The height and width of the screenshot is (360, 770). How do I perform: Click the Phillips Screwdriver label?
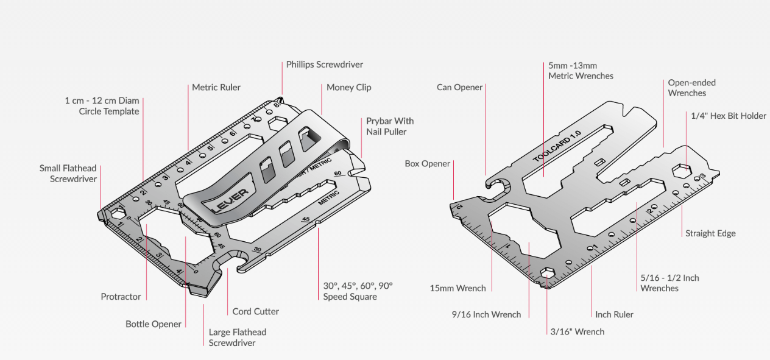pyautogui.click(x=325, y=64)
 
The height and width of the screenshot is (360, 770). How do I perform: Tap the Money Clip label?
pyautogui.click(x=348, y=87)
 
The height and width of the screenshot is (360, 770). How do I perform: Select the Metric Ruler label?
pyautogui.click(x=216, y=87)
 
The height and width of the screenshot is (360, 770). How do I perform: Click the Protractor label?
pyautogui.click(x=121, y=297)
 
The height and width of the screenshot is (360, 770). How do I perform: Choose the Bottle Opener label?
pyautogui.click(x=154, y=324)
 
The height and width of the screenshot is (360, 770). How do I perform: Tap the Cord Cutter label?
pyautogui.click(x=255, y=311)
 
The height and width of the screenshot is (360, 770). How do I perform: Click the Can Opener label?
pyautogui.click(x=459, y=87)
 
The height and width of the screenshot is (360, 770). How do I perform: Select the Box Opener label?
pyautogui.click(x=427, y=163)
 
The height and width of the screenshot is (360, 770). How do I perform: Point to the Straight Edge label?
pyautogui.click(x=710, y=233)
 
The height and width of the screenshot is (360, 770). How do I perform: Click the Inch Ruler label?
pyautogui.click(x=614, y=314)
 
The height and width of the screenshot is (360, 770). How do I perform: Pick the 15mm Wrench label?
pyautogui.click(x=457, y=288)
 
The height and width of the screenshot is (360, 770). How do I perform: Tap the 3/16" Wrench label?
pyautogui.click(x=576, y=331)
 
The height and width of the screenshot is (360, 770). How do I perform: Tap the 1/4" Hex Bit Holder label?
pyautogui.click(x=728, y=116)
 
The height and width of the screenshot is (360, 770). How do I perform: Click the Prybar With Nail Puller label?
pyautogui.click(x=390, y=126)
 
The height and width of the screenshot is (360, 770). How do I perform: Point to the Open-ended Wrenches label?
pyautogui.click(x=691, y=88)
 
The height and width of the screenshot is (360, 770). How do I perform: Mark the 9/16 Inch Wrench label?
pyautogui.click(x=486, y=314)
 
